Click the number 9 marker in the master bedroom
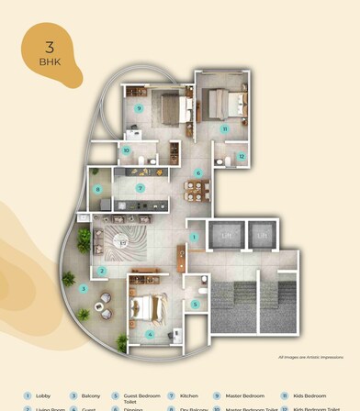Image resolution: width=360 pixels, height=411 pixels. pyautogui.click(x=139, y=108)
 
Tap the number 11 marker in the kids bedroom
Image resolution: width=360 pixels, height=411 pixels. pyautogui.click(x=224, y=129)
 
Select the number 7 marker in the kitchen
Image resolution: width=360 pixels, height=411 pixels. pyautogui.click(x=141, y=188)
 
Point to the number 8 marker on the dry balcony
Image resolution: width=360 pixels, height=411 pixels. pyautogui.click(x=98, y=190)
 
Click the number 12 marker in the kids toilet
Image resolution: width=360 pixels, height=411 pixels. pyautogui.click(x=241, y=156)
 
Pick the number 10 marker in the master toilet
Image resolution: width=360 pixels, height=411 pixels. pyautogui.click(x=127, y=150)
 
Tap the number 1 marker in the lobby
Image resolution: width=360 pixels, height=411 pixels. pyautogui.click(x=194, y=237)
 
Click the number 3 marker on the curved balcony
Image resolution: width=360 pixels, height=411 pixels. pyautogui.click(x=83, y=288)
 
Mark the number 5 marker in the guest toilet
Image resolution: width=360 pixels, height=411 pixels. pyautogui.click(x=195, y=304)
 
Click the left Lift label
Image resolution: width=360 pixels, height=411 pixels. pyautogui.click(x=225, y=236)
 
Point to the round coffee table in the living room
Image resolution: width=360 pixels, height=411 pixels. pyautogui.click(x=121, y=243)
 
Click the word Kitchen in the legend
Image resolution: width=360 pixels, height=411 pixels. pyautogui.click(x=189, y=395)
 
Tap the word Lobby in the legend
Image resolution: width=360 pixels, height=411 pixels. pyautogui.click(x=43, y=395)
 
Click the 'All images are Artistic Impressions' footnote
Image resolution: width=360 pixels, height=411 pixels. pyautogui.click(x=310, y=357)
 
